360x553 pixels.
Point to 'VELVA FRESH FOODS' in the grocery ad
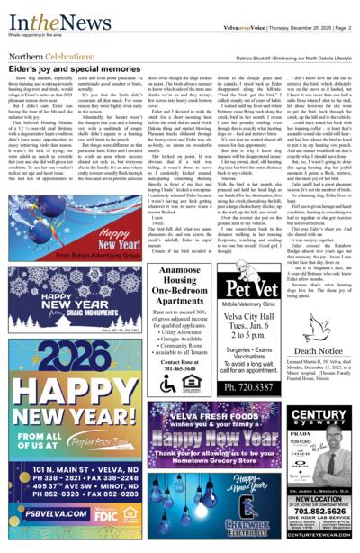tap(216, 417)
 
